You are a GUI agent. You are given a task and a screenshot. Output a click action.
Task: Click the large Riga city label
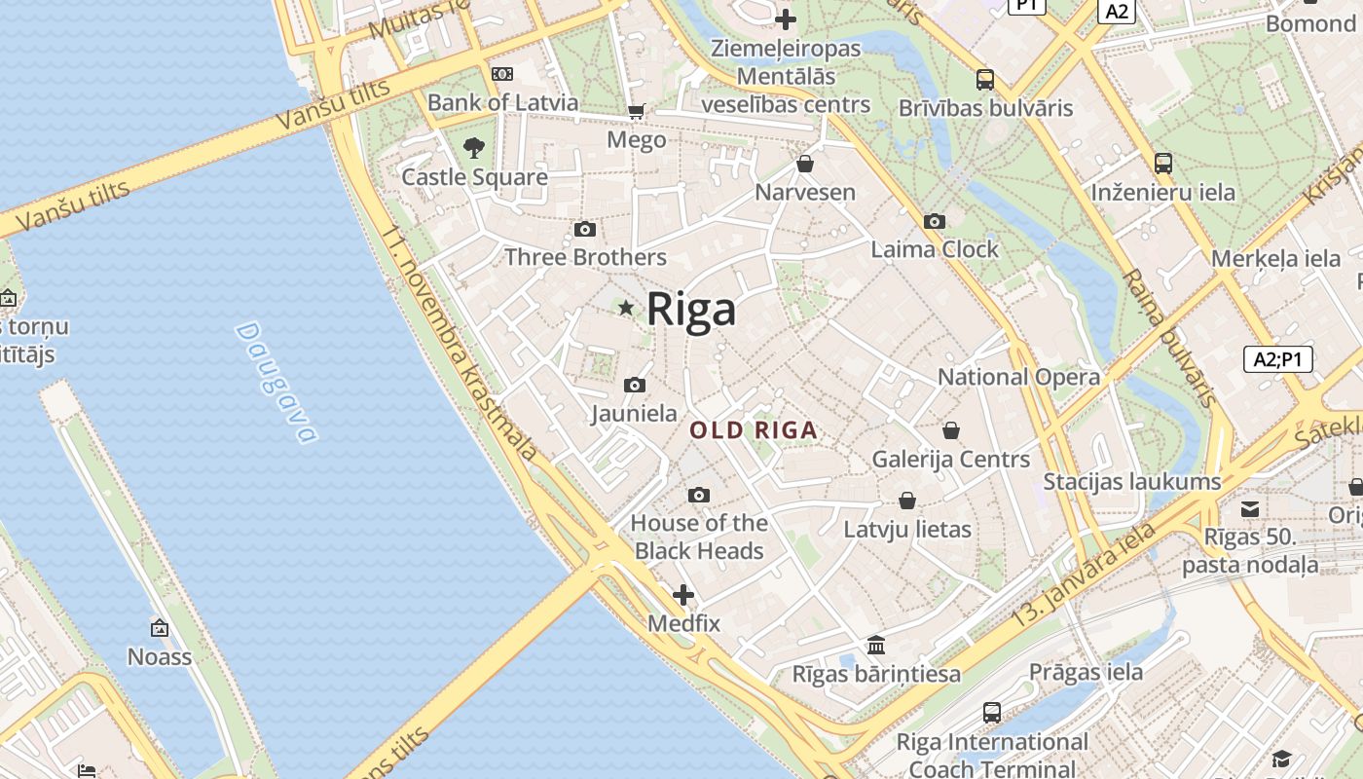coord(691,310)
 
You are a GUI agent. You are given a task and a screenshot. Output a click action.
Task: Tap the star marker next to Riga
coord(626,308)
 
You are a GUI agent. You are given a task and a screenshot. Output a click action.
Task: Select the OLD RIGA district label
coord(754,430)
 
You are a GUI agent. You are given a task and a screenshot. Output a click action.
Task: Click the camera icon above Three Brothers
coord(585,230)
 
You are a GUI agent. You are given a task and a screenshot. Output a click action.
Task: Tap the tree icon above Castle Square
coord(474,148)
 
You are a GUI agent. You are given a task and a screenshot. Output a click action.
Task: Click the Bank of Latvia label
coord(502,102)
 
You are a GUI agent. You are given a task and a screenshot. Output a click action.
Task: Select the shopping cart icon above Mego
coord(637,112)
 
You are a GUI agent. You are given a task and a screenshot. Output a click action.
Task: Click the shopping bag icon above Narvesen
coord(805,164)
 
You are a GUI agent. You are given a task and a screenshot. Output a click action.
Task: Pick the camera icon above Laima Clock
coord(935,222)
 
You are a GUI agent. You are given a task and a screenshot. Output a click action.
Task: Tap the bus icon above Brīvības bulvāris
coord(985,80)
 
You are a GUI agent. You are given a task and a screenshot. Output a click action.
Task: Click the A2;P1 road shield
coord(1278,359)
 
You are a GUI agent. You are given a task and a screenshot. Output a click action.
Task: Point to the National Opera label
coord(1018,377)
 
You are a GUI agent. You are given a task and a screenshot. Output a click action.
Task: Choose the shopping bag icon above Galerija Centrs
coord(951,430)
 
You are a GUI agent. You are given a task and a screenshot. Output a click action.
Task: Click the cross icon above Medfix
coord(683,595)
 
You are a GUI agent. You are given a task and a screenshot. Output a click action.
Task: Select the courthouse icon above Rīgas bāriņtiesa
coord(876,645)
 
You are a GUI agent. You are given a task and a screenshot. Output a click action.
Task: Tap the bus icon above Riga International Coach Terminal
coord(992,713)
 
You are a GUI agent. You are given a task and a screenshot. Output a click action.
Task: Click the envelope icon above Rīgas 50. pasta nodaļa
coord(1250,508)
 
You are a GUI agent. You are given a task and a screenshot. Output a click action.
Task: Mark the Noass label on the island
coord(160,656)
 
